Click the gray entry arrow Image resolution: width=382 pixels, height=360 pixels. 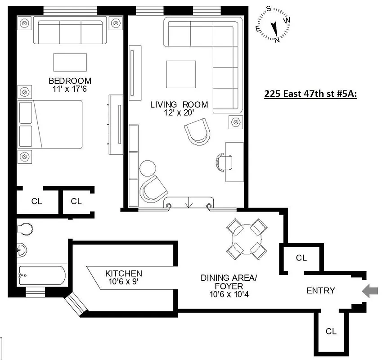(x=370, y=291)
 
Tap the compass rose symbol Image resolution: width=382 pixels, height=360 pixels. (x=273, y=25)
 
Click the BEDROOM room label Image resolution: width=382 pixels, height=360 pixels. (x=70, y=81)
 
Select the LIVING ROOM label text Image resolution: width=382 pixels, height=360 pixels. (x=179, y=105)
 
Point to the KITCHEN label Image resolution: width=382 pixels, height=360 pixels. (x=123, y=274)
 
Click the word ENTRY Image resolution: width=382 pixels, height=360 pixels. (x=320, y=291)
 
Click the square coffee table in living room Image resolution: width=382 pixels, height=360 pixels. (x=181, y=74)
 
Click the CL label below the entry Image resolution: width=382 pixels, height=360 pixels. (x=331, y=332)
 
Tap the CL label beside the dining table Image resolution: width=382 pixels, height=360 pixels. (x=301, y=258)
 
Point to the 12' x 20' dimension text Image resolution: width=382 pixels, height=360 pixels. (x=179, y=113)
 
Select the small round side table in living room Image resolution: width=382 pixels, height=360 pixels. (x=147, y=167)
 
